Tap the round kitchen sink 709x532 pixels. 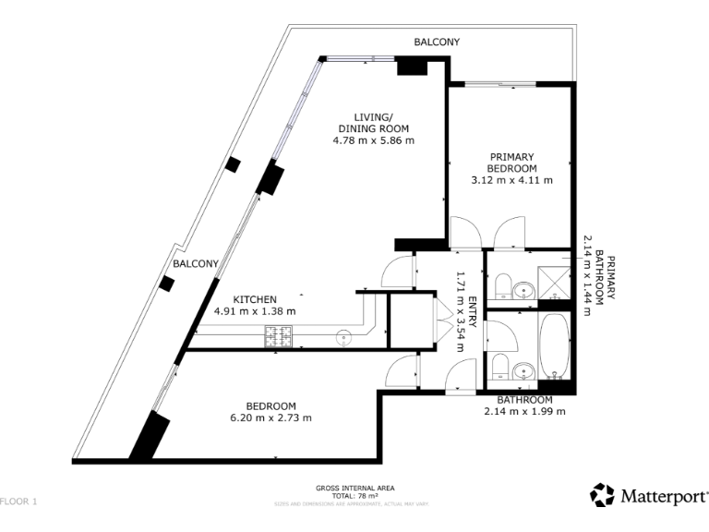click(344, 337)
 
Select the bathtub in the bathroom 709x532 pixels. click(556, 348)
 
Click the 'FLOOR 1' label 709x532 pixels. click(19, 502)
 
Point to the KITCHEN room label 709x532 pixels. click(255, 299)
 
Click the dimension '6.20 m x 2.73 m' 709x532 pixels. click(270, 417)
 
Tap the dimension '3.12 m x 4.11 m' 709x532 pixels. click(512, 180)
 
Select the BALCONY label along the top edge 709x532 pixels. click(436, 42)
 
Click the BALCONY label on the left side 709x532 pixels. click(196, 263)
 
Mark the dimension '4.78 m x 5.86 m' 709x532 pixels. click(373, 140)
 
